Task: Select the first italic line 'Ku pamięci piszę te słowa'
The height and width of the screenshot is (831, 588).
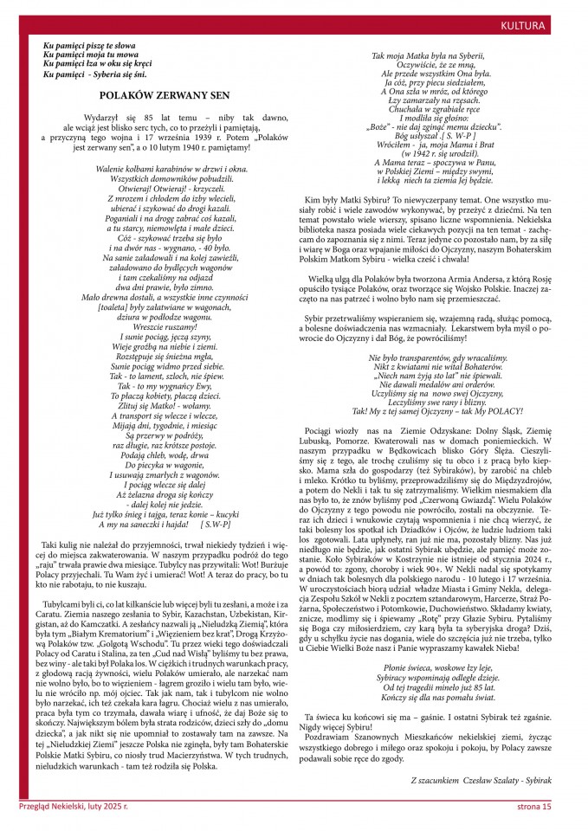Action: [88, 43]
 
